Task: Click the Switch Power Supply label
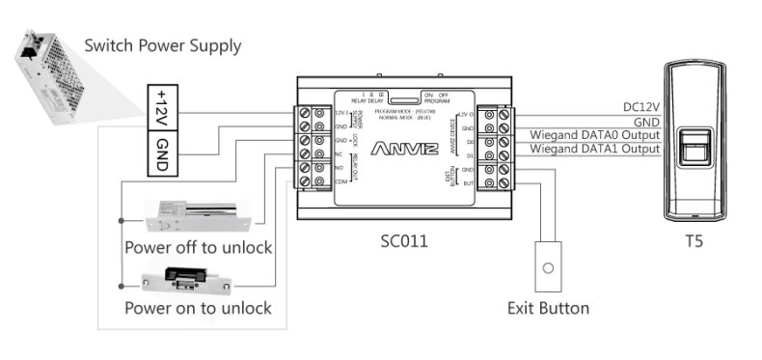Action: coord(162,45)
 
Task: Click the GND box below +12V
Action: coord(161,153)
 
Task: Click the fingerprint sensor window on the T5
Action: coord(693,153)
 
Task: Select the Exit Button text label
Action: coord(548,309)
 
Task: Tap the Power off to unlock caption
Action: coord(198,247)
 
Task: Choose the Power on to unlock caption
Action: coord(198,309)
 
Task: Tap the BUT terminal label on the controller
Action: coord(467,182)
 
